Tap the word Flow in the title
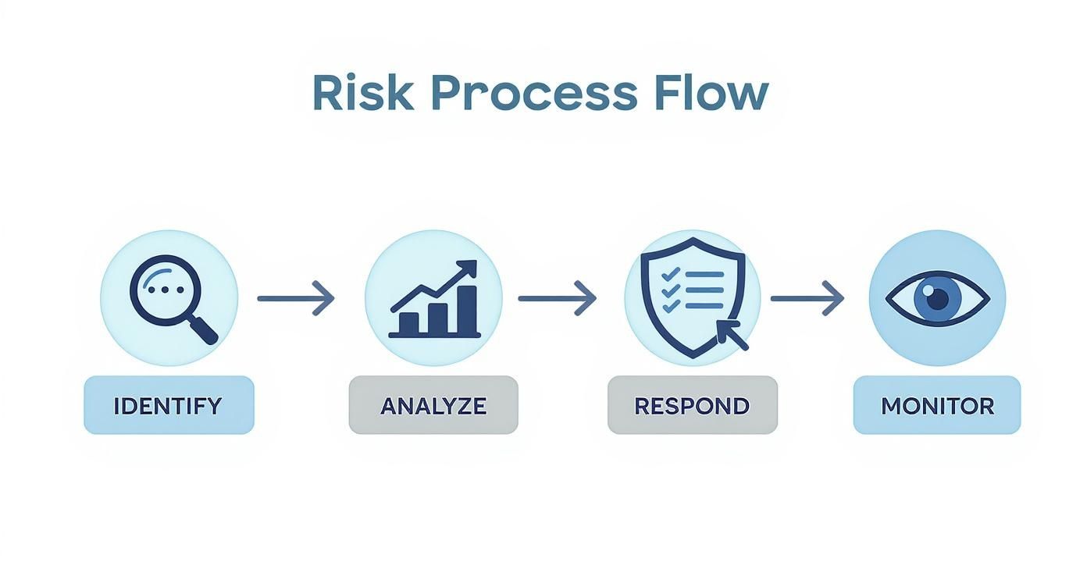(x=711, y=94)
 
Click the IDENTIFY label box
(x=169, y=405)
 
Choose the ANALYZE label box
(x=433, y=405)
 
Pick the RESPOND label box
(x=692, y=405)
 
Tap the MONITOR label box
(x=937, y=405)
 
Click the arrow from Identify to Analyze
(x=296, y=298)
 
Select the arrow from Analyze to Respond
(x=557, y=298)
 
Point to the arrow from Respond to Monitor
(x=807, y=298)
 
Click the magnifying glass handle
(x=202, y=329)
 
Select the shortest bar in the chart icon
(x=408, y=323)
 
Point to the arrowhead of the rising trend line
(x=468, y=269)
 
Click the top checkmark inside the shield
(x=668, y=274)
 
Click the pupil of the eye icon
(x=937, y=298)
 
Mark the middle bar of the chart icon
(x=437, y=317)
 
